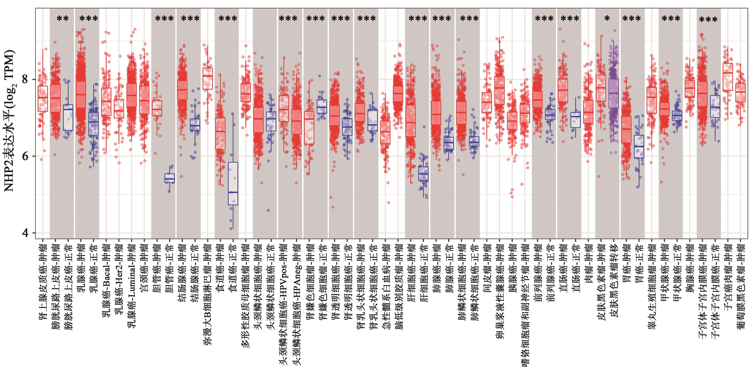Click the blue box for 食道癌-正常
coord(233,183)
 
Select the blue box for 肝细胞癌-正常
coord(423,173)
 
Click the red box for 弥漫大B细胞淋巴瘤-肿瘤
coord(208,78)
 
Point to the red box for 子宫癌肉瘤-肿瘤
coord(728,77)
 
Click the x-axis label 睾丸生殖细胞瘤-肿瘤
coord(651,286)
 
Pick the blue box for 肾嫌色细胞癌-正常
coord(322,106)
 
